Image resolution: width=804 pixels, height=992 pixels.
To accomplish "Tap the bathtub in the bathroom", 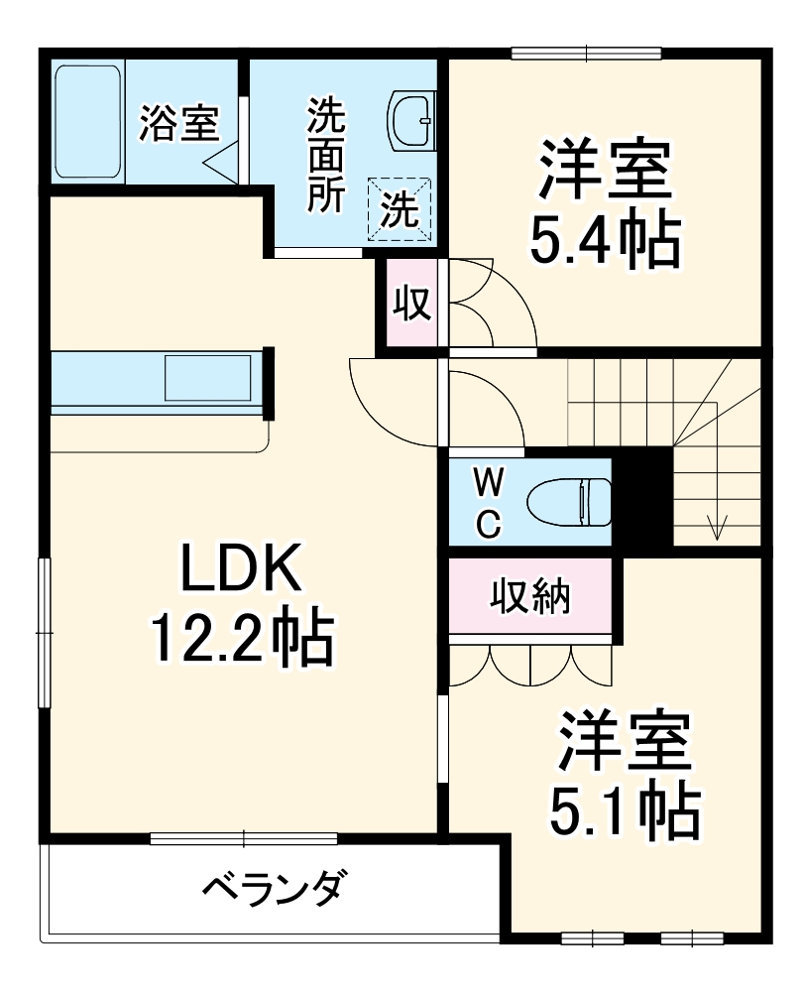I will click(x=87, y=122).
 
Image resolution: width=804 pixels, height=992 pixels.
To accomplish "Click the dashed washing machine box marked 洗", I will click(x=401, y=208).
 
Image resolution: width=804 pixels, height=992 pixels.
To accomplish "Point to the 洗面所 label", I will click(x=325, y=155).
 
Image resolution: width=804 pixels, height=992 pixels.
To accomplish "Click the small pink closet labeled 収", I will click(x=413, y=303).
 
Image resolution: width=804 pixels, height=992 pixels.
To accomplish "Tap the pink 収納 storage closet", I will click(x=529, y=598).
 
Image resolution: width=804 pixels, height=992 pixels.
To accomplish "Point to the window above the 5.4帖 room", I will click(x=586, y=53).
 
